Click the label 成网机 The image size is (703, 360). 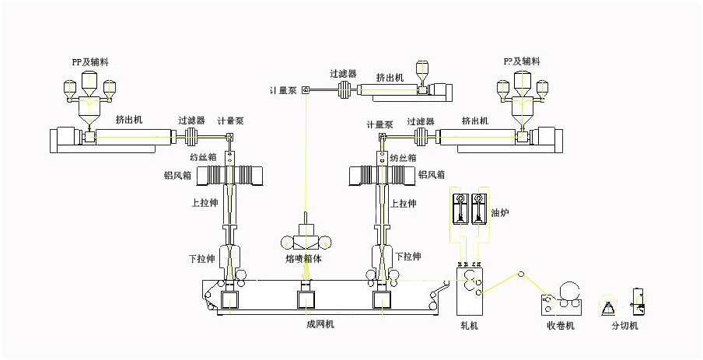tap(320, 324)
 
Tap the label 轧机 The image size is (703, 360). tap(470, 326)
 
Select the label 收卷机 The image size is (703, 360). tap(560, 326)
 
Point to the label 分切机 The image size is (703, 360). tap(624, 326)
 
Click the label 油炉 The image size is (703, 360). tap(499, 211)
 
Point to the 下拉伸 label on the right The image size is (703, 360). tap(407, 256)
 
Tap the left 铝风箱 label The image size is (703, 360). tap(178, 175)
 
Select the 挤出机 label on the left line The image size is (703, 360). tap(128, 120)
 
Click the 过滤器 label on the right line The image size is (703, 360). tap(420, 121)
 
